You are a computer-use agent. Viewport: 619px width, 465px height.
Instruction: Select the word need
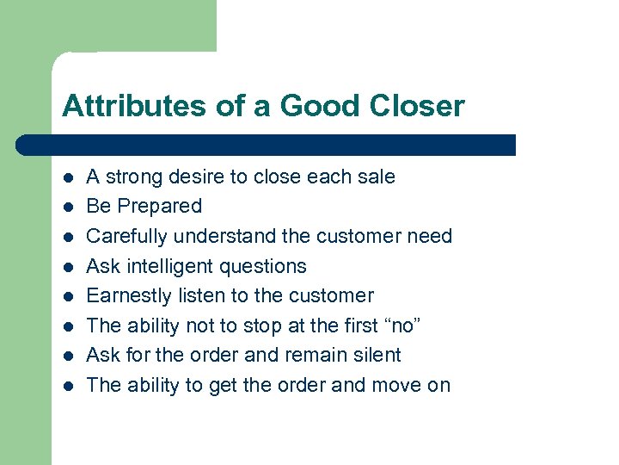point(430,236)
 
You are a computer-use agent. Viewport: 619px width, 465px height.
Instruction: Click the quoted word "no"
point(403,325)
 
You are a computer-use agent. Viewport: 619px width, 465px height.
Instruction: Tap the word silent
point(377,355)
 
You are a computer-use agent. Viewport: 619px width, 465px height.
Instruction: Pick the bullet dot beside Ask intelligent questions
point(67,267)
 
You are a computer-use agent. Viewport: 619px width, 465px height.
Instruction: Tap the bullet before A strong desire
point(67,177)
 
